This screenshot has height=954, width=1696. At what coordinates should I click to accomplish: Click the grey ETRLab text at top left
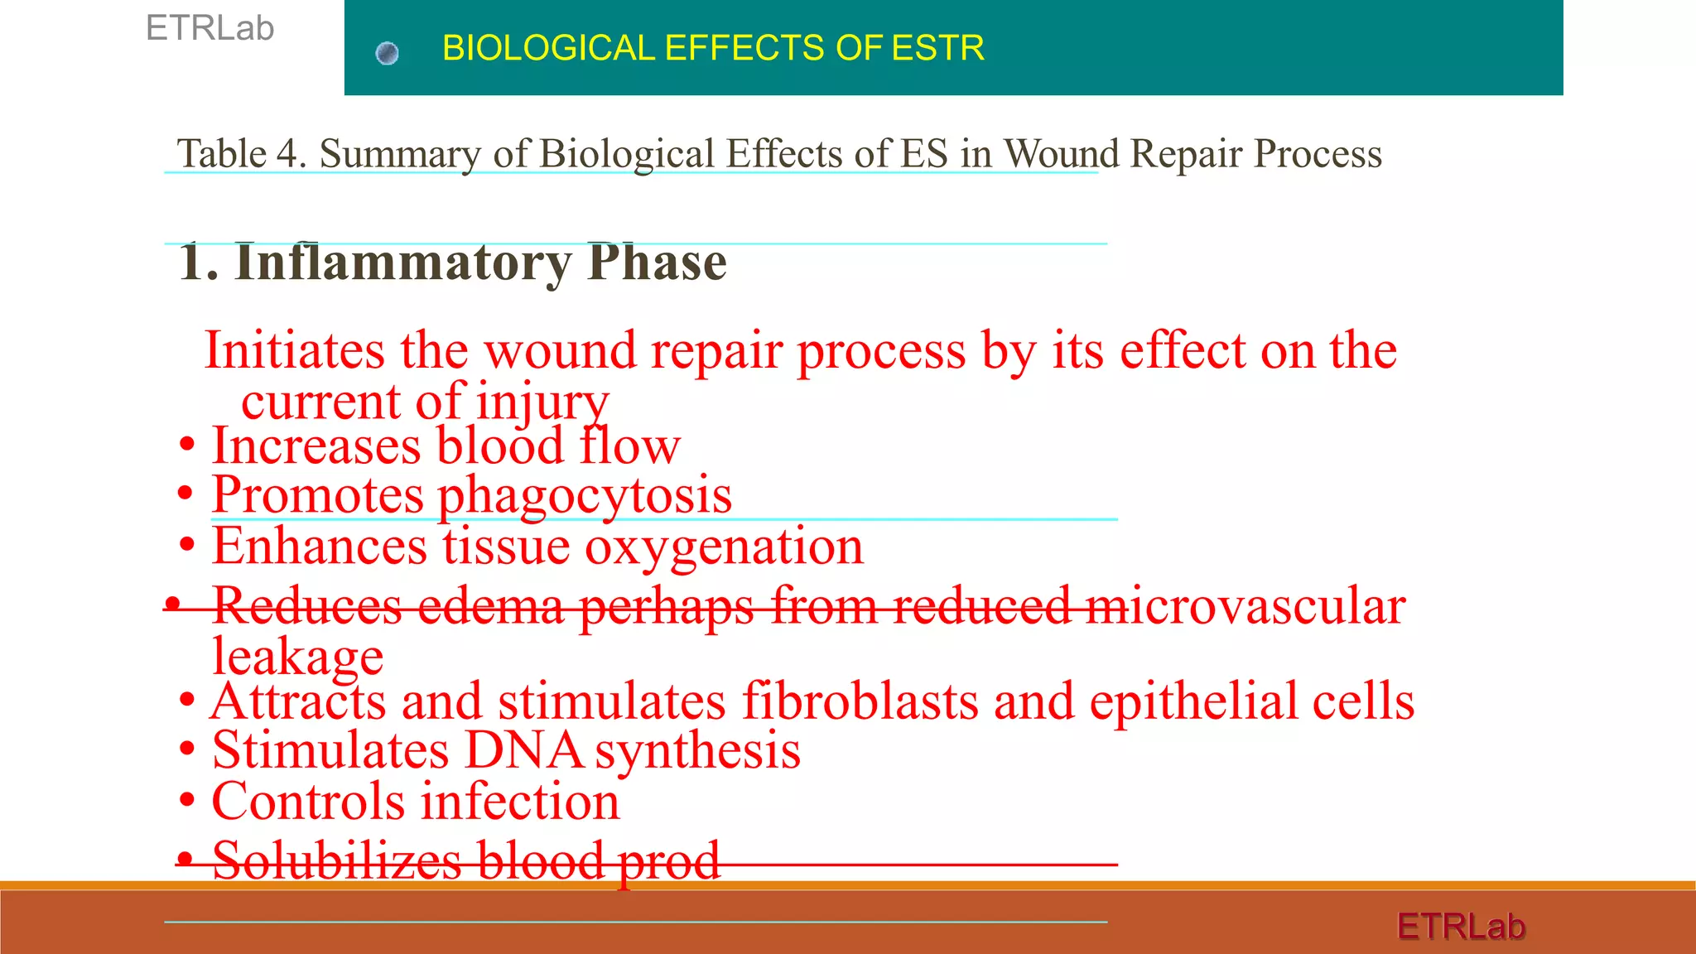click(x=210, y=29)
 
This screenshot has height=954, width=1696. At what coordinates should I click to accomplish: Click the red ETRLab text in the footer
click(x=1461, y=926)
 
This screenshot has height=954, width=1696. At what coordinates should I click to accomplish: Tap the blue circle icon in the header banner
click(x=387, y=54)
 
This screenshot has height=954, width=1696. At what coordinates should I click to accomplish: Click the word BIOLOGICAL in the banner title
click(x=548, y=48)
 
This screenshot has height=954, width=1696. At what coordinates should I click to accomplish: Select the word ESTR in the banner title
click(x=937, y=48)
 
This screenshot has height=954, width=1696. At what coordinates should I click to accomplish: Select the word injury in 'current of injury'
click(x=542, y=402)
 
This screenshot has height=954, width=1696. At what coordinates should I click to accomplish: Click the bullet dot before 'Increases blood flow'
click(x=187, y=446)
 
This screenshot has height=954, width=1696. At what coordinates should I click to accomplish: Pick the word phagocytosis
click(x=584, y=495)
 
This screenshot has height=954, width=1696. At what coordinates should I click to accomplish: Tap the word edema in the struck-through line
click(x=490, y=606)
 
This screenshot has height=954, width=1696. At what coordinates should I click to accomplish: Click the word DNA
click(x=523, y=750)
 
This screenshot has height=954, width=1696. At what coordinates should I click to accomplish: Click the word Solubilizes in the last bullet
click(x=336, y=861)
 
